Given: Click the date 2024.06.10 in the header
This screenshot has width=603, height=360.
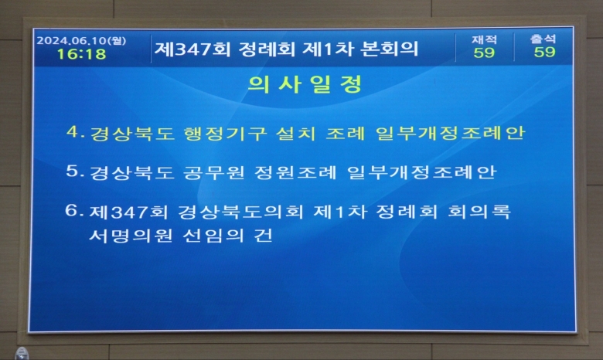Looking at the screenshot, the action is click(x=72, y=40).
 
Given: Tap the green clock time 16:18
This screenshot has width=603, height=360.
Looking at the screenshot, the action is click(x=81, y=54).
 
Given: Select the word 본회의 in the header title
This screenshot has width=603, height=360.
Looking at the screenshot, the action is click(x=389, y=49).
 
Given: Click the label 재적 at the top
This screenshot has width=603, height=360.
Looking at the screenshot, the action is click(x=484, y=39).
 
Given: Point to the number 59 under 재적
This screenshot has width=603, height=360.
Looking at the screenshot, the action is click(x=484, y=53).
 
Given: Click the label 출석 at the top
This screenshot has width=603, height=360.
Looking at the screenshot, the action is click(x=543, y=39).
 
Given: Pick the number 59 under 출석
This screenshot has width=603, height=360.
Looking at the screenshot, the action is click(x=544, y=52).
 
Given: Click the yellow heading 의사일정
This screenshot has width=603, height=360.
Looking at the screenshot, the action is click(x=305, y=83).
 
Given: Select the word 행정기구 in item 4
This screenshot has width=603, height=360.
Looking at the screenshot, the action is click(x=225, y=134).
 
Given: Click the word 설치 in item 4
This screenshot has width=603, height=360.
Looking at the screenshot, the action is click(x=296, y=134).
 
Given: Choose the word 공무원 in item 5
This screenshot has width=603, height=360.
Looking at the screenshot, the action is click(x=214, y=172).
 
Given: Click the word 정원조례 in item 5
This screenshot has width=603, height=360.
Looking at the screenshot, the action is click(x=295, y=172).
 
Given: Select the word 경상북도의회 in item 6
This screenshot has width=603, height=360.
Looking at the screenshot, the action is click(x=240, y=212).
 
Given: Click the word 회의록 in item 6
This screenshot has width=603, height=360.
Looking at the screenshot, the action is click(x=479, y=212).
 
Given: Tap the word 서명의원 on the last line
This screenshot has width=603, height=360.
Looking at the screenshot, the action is click(x=131, y=236).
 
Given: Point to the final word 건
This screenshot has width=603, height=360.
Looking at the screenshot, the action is click(x=263, y=236).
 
